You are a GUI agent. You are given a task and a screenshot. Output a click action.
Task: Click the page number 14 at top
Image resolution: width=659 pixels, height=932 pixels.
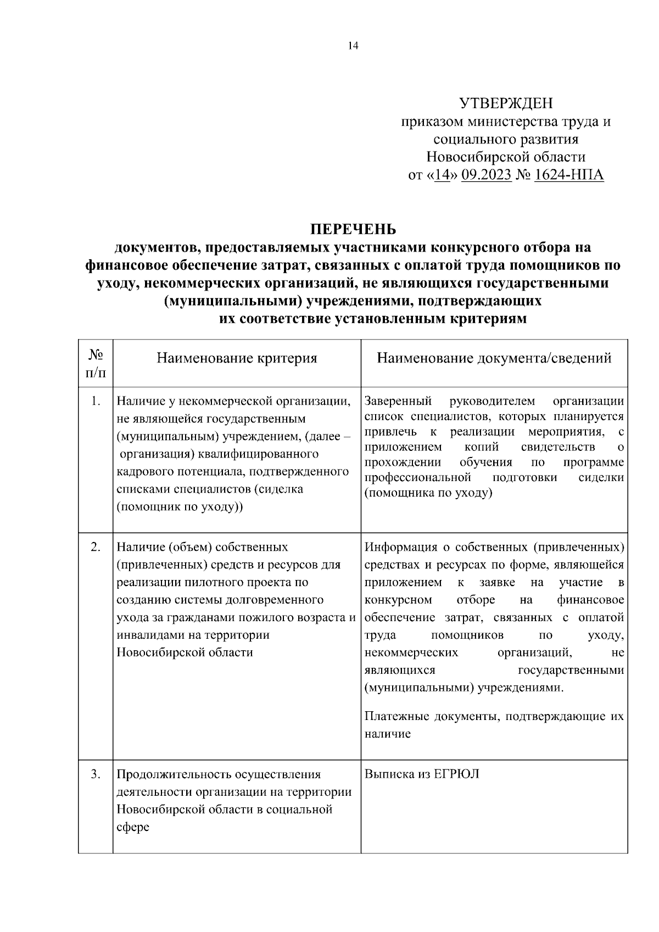(x=353, y=46)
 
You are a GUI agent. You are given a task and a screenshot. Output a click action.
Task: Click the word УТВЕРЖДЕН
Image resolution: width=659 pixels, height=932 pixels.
(x=506, y=103)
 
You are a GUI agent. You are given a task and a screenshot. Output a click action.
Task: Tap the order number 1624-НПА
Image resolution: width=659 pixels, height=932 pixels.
(x=568, y=175)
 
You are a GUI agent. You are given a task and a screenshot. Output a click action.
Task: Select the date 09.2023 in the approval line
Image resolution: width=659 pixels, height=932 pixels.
(x=487, y=175)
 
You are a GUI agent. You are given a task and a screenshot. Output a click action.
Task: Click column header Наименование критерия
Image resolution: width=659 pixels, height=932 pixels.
(x=237, y=359)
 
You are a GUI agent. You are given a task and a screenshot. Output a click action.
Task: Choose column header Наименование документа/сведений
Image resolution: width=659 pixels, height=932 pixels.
(x=494, y=359)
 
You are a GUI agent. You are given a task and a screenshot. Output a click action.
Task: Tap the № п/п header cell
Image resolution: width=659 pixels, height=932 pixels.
(x=96, y=364)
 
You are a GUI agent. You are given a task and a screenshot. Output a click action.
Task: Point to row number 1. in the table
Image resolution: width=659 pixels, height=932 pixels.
(x=96, y=402)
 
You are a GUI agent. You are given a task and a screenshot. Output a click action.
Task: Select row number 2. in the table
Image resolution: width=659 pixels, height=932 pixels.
(x=96, y=547)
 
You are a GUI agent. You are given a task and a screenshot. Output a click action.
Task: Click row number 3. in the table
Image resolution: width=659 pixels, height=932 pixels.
(x=96, y=774)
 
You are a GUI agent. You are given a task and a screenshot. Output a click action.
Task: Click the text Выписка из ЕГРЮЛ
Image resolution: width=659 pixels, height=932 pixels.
(x=421, y=774)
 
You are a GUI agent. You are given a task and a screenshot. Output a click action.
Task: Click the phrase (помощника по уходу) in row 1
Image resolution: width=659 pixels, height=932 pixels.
(x=428, y=493)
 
